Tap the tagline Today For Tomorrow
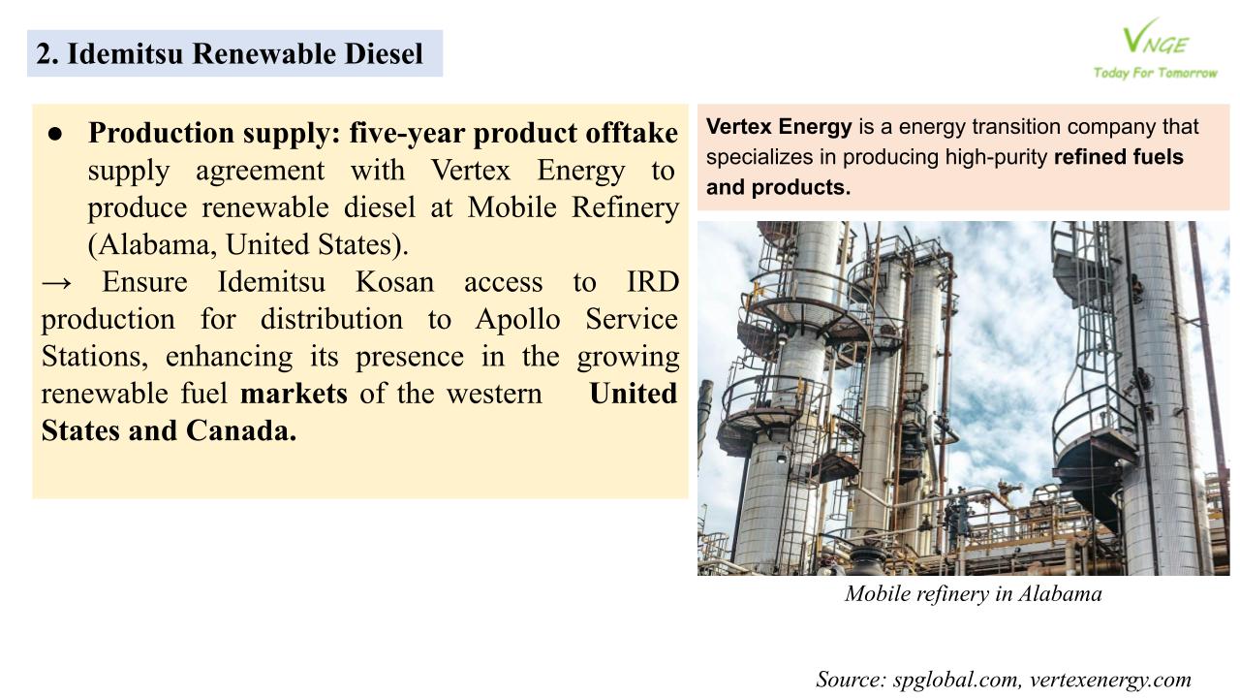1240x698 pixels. (x=1156, y=73)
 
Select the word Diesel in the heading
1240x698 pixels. (x=384, y=53)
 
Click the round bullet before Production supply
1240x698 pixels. (x=54, y=134)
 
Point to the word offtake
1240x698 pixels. (x=632, y=133)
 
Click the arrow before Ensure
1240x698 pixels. (x=56, y=282)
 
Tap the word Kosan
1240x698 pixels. (x=394, y=281)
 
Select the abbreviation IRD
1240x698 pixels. (x=653, y=281)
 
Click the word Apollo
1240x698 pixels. (x=517, y=319)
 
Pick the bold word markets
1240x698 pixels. (x=294, y=394)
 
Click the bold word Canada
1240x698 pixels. (x=241, y=430)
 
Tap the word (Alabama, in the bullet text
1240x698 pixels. (x=152, y=245)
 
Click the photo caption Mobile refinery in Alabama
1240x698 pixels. (x=974, y=594)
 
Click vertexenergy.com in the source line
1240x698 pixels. (x=1110, y=680)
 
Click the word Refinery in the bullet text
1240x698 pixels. (x=625, y=207)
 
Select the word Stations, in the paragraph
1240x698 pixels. (x=95, y=356)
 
